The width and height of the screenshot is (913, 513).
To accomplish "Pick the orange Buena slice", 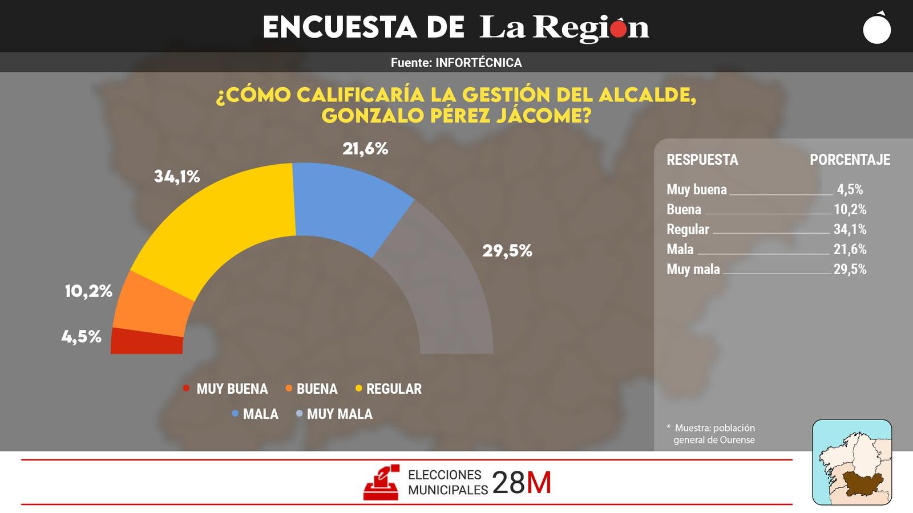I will click(x=151, y=305).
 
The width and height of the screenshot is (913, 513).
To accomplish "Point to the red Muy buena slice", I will click(x=147, y=342).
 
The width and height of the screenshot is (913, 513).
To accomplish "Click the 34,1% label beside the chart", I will click(x=177, y=177).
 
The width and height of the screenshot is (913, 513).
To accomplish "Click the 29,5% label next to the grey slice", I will click(x=507, y=251).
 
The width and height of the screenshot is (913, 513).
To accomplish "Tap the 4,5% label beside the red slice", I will click(x=82, y=337).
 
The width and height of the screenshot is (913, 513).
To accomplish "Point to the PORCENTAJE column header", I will click(x=850, y=160).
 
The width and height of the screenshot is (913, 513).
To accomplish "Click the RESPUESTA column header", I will click(x=702, y=160).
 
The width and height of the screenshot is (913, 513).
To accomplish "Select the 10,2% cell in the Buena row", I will click(x=850, y=210).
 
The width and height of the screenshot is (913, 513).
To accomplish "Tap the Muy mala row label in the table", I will click(x=693, y=269).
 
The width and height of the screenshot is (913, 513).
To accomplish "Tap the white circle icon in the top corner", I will click(x=877, y=29).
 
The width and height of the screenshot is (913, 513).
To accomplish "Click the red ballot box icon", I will click(x=381, y=483).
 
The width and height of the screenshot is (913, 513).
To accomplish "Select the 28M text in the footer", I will click(x=522, y=483).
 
